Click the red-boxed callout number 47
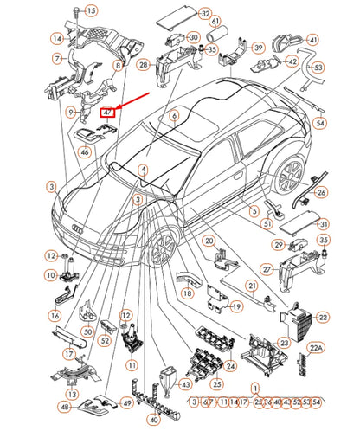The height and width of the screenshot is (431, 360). pyautogui.click(x=108, y=112)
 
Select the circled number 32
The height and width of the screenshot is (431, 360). pyautogui.click(x=204, y=15)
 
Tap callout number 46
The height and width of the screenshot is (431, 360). pyautogui.click(x=85, y=152)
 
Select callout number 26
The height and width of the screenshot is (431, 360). pyautogui.click(x=322, y=192)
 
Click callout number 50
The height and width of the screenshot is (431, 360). pyautogui.click(x=87, y=331)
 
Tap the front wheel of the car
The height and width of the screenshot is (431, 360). pyautogui.click(x=158, y=250)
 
